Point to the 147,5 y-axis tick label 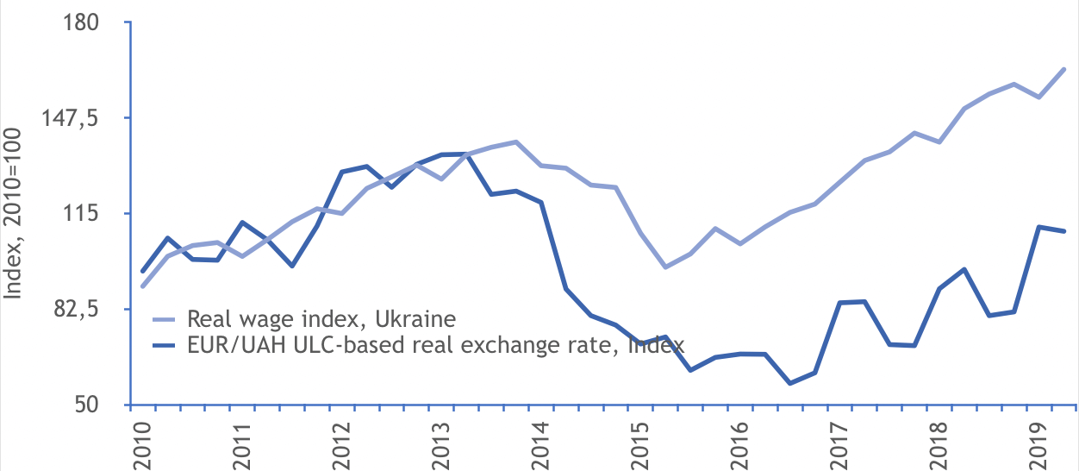click(x=80, y=118)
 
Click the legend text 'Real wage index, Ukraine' click(x=321, y=319)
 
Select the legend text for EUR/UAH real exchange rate click(x=435, y=345)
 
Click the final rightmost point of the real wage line click(x=1065, y=69)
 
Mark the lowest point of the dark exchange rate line click(x=790, y=383)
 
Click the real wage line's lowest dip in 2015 click(x=665, y=267)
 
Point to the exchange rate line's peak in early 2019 click(x=1039, y=227)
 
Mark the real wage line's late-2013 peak click(x=515, y=141)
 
